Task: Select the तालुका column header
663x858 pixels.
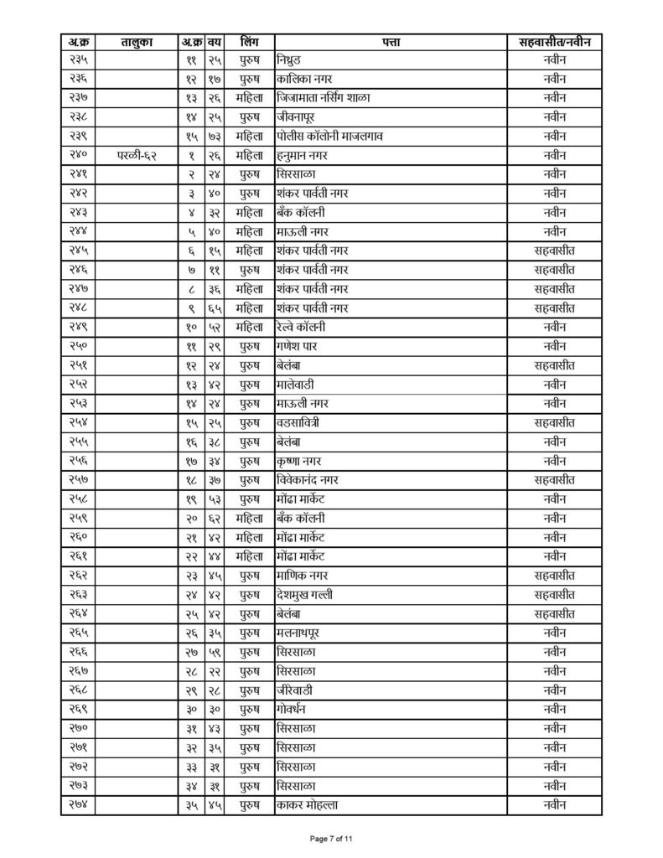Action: point(135,41)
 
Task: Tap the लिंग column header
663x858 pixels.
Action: point(248,41)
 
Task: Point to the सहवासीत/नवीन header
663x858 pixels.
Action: point(553,41)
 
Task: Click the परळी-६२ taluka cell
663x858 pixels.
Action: point(135,155)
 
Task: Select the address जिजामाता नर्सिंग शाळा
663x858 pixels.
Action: point(324,98)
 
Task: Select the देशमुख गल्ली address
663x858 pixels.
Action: point(308,594)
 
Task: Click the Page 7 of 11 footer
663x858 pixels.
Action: point(332,839)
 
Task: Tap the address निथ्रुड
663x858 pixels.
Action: point(293,59)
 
